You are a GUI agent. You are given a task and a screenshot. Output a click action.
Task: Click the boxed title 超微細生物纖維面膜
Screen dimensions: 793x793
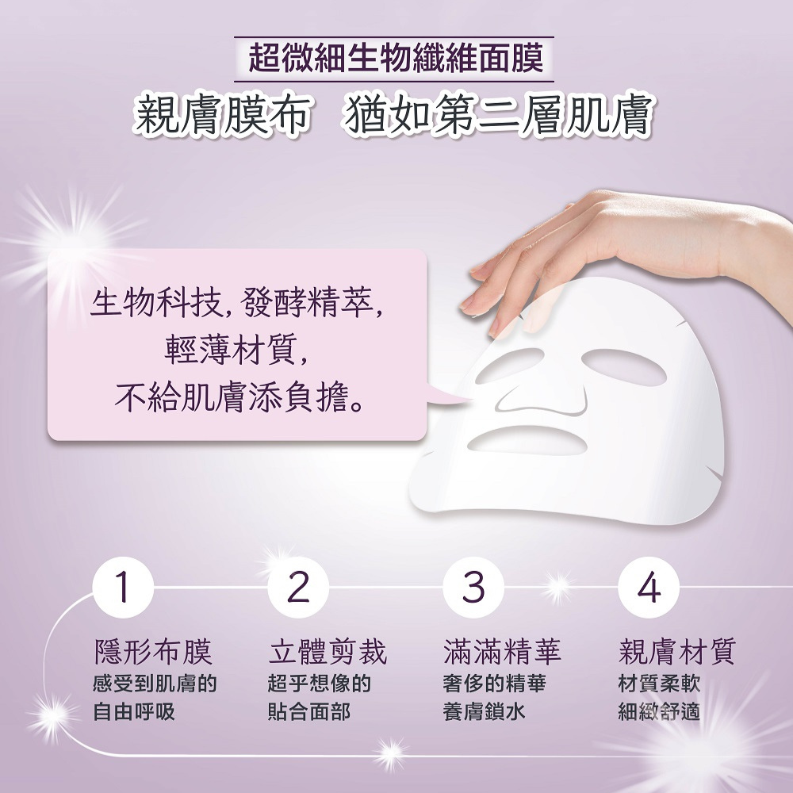394,59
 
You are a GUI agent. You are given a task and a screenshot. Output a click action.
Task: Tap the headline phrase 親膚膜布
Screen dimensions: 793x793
220,117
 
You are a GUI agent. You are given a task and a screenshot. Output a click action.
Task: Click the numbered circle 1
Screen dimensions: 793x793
121,588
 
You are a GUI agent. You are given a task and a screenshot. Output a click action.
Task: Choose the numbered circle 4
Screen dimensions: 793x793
648,588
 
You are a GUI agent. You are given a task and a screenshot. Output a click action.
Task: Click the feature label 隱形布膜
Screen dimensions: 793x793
153,652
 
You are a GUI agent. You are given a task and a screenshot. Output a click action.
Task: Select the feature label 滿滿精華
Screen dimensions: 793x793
503,652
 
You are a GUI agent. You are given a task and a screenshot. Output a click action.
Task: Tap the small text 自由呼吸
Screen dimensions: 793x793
133,711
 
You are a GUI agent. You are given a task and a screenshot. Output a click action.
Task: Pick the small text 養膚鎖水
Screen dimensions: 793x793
484,711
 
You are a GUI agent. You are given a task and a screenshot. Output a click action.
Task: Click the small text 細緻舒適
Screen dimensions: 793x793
659,711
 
